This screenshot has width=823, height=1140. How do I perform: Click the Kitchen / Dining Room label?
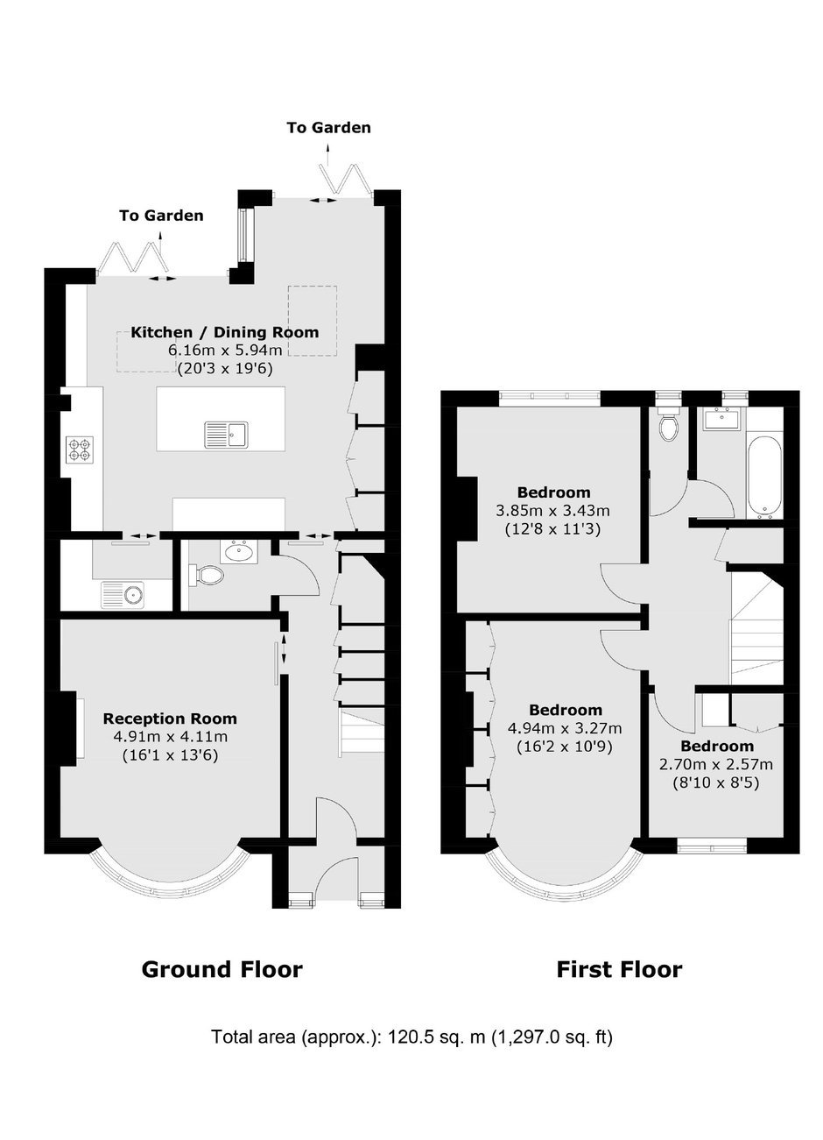(225, 332)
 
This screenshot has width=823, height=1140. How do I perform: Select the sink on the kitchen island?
(227, 435)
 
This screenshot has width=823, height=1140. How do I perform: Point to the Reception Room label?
(170, 719)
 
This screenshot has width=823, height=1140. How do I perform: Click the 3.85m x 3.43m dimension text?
(553, 510)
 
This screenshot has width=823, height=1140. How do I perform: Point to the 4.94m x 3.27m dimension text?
(565, 728)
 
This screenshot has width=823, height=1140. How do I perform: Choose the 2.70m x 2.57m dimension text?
(716, 764)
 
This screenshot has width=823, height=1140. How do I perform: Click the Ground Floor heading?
(222, 970)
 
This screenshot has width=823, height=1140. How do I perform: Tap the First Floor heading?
(620, 970)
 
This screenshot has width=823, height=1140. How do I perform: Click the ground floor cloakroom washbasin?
(239, 551)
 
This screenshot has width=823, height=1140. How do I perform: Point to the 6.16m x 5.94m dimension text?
(225, 350)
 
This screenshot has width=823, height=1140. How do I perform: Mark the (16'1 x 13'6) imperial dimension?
(171, 755)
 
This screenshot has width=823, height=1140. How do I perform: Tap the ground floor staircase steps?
(362, 733)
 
